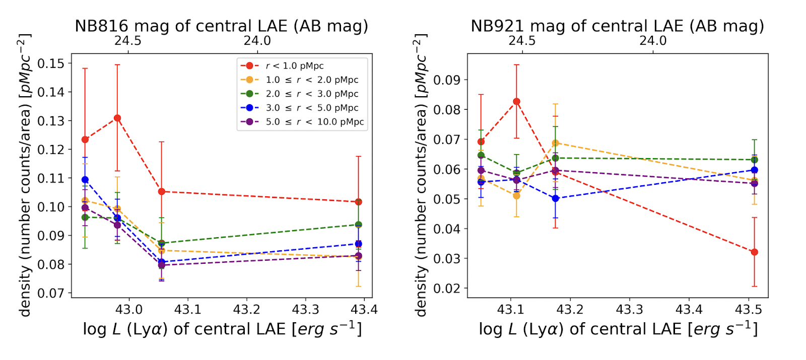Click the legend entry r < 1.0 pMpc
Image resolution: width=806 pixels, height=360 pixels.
pos(295,66)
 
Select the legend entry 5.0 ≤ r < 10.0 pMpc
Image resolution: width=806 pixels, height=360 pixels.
pos(315,122)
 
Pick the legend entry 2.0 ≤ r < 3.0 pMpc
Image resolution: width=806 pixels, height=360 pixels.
pos(312,94)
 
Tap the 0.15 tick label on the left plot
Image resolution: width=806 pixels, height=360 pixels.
pos(51,63)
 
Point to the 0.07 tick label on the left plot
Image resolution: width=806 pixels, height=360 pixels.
pos(51,293)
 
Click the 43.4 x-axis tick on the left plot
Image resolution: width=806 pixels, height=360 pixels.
pos(364,309)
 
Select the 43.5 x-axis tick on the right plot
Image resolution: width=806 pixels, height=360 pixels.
pos(748,309)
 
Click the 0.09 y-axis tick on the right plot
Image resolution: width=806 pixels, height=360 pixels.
pos(447,80)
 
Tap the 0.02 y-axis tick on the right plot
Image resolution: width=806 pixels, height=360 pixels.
pos(447,288)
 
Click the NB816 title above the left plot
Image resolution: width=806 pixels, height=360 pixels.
pos(222,26)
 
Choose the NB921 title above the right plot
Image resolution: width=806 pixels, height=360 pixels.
pos(617,26)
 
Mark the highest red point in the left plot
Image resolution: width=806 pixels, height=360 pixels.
pos(117,118)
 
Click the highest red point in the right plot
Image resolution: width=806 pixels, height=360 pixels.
pos(516,102)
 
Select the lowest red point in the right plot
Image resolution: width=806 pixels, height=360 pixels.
pos(754,252)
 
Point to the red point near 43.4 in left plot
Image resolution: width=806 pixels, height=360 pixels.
pos(358,202)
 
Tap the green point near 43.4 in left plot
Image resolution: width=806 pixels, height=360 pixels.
pos(358,225)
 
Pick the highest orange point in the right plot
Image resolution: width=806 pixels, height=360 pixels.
pos(556,143)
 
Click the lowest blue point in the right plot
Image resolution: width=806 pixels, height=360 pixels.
pos(556,198)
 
